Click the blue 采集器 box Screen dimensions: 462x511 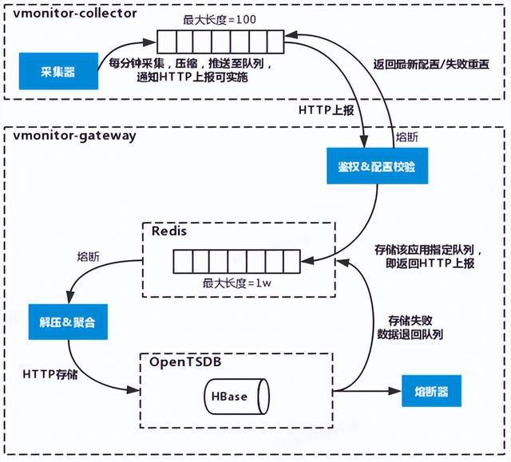coord(53,71)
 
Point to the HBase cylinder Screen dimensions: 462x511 coord(236,397)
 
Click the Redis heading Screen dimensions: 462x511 coord(168,231)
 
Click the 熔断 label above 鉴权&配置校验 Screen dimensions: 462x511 coord(406,137)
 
